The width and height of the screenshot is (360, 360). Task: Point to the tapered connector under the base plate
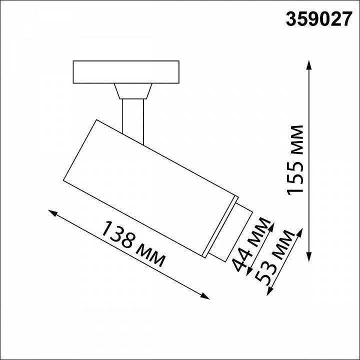(x=133, y=91)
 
